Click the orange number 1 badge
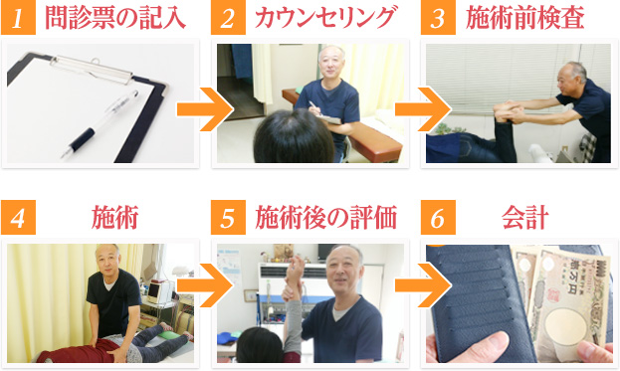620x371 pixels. (x=19, y=18)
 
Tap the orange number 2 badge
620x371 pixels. (x=227, y=18)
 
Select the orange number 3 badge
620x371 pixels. (x=436, y=18)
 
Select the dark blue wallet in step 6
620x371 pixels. (x=488, y=298)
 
